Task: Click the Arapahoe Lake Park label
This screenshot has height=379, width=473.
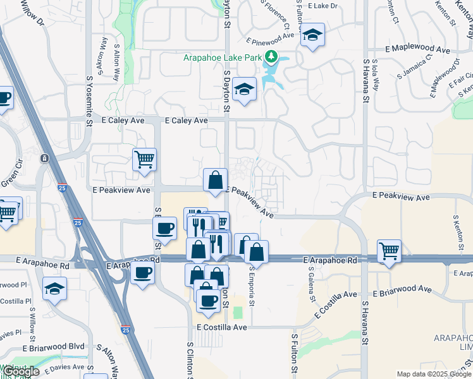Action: point(223,57)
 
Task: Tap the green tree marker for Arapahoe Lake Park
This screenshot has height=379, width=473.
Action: point(272,57)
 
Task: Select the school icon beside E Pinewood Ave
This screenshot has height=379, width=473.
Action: point(312,35)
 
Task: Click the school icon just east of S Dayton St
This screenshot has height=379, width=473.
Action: point(243,90)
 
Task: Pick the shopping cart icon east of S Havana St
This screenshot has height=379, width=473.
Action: point(389,251)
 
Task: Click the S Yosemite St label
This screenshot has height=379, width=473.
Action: point(90,101)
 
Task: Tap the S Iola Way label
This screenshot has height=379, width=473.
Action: point(376,78)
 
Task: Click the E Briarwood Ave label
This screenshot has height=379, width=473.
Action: point(402,291)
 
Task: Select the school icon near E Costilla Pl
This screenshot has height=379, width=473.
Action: point(55,289)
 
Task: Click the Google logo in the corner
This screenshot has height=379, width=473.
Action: point(20,371)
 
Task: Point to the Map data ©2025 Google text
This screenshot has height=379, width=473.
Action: point(433,374)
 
